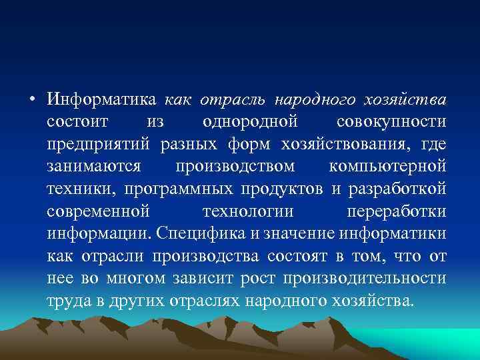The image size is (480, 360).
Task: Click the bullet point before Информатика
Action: [31, 100]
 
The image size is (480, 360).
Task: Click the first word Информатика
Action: [101, 101]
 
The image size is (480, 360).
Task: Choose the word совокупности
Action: [391, 123]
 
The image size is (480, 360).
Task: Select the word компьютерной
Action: [387, 167]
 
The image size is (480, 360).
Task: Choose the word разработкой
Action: [395, 189]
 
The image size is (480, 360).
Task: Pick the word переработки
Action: [397, 211]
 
